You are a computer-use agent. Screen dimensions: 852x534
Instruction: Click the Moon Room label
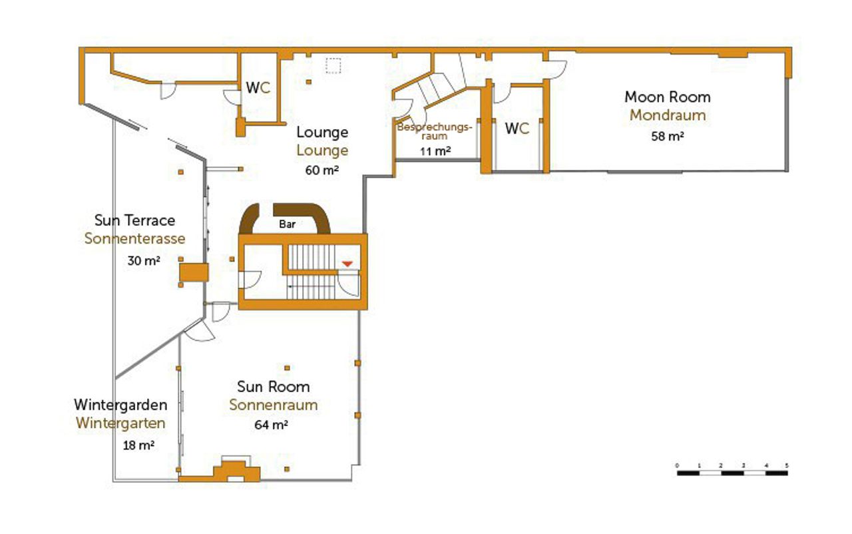coord(668,97)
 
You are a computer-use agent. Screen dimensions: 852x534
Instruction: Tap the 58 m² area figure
coord(668,136)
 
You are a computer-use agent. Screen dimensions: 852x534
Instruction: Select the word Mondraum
coord(668,115)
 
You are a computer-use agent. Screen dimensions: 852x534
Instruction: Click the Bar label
coord(287,224)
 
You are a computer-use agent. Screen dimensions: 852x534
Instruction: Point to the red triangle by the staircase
coord(347,264)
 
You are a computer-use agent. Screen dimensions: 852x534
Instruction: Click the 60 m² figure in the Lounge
coord(321,170)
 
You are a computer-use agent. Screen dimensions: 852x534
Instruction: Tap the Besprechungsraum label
coord(435,131)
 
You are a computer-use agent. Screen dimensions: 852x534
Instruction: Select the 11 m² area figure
coord(435,151)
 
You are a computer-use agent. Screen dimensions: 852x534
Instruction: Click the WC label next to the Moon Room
coord(517,129)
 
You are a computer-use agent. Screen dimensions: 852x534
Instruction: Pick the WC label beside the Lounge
coord(258,88)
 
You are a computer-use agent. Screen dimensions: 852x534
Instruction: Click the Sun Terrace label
coord(134,220)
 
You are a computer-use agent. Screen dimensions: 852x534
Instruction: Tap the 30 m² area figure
coord(144,260)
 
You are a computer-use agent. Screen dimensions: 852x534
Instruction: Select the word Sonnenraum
coord(274,405)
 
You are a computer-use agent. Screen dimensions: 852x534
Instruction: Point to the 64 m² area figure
coord(271,425)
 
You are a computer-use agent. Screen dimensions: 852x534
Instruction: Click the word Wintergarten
coord(120,423)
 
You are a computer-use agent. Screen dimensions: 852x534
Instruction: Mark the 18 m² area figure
coord(138,445)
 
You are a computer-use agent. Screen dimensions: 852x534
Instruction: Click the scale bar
coord(732,473)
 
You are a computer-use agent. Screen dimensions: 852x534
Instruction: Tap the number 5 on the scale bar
coord(787,465)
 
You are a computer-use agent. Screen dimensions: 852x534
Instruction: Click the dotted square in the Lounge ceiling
coord(333,65)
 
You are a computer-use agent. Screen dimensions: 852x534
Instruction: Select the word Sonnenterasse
coord(134,238)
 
